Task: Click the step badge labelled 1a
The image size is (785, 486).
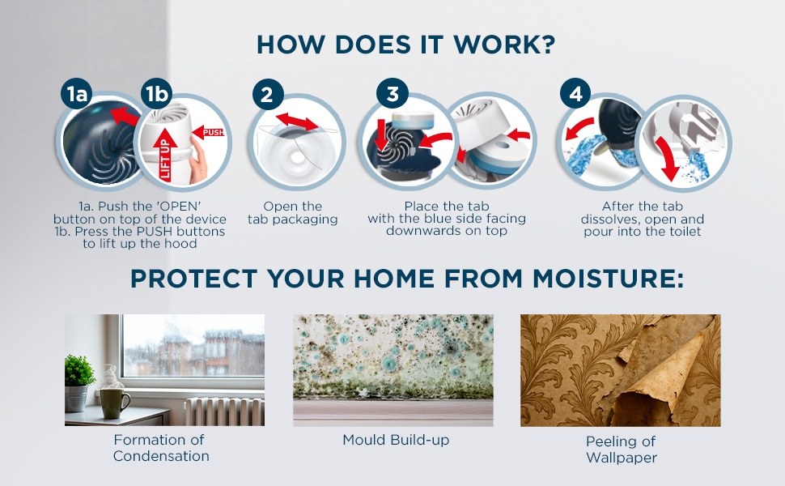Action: [x=77, y=94]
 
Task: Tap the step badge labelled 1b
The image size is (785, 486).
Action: [x=157, y=94]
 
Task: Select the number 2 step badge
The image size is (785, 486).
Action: [x=268, y=94]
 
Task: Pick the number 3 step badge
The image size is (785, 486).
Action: [x=392, y=94]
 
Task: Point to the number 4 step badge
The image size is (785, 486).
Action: [x=575, y=94]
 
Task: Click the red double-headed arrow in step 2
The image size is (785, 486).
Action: [x=297, y=122]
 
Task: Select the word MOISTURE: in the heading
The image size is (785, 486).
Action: [x=608, y=279]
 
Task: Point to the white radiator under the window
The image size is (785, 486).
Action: [x=225, y=411]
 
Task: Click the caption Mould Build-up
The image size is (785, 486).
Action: [x=396, y=440]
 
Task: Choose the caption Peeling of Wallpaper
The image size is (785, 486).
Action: [x=622, y=450]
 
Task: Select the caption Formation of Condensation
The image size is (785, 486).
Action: [x=161, y=448]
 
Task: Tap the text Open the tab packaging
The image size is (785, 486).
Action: [x=293, y=213]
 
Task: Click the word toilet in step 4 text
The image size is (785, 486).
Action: [x=686, y=232]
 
